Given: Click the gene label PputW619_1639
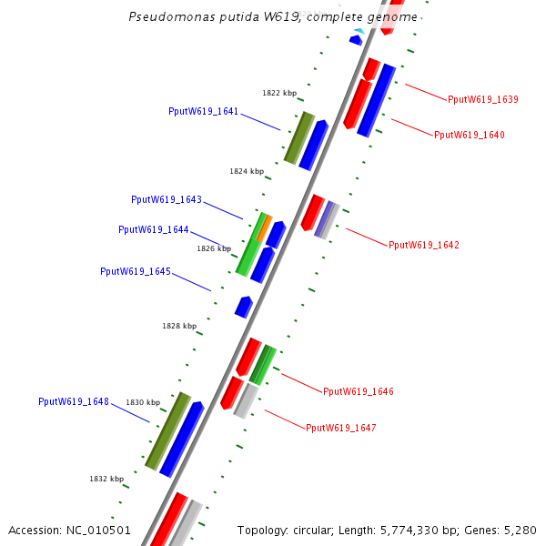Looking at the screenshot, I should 483,99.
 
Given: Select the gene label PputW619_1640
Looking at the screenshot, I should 469,135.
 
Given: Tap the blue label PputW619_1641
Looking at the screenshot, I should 203,112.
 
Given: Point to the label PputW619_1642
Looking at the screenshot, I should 424,245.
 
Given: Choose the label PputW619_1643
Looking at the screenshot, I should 167,199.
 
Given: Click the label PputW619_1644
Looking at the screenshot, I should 154,229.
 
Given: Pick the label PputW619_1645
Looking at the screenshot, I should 136,271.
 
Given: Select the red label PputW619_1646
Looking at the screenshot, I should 359,391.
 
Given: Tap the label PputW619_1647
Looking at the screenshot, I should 341,428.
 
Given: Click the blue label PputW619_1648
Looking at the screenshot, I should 74,401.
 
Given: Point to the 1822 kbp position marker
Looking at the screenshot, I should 279,93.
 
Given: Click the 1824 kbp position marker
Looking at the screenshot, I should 247,171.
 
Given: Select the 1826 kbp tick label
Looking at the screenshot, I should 214,248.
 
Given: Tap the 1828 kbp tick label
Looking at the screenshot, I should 179,326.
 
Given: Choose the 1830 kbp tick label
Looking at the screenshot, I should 143,402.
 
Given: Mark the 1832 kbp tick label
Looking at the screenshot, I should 106,479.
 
